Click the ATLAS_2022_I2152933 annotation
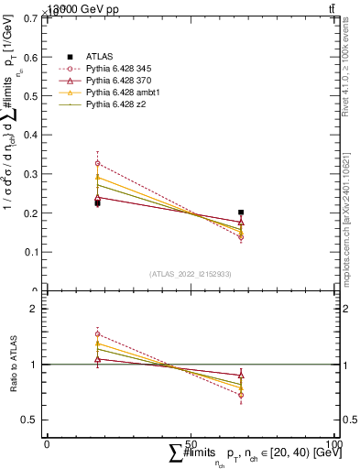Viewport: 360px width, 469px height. pyautogui.click(x=191, y=273)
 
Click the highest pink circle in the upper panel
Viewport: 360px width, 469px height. pyautogui.click(x=97, y=164)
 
